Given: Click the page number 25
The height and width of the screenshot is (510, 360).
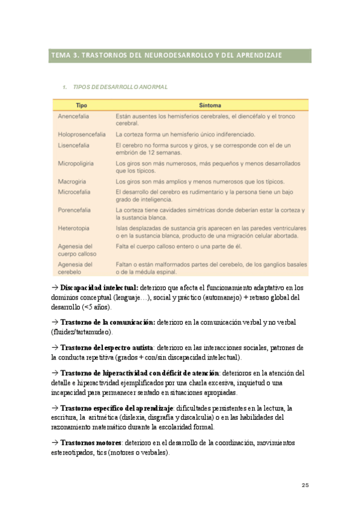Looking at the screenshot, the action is [304, 485].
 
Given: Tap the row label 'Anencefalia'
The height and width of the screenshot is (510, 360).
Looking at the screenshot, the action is [75, 115].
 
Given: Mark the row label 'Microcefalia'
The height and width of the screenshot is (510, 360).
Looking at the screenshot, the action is [75, 192].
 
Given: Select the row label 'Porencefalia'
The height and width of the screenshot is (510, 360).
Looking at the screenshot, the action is [75, 210].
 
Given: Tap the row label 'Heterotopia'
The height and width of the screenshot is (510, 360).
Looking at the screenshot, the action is [74, 228].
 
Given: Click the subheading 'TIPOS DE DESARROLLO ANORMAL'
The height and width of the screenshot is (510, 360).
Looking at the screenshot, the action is [119, 87].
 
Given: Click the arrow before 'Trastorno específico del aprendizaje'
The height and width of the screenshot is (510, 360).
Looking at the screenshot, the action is [54, 408].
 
